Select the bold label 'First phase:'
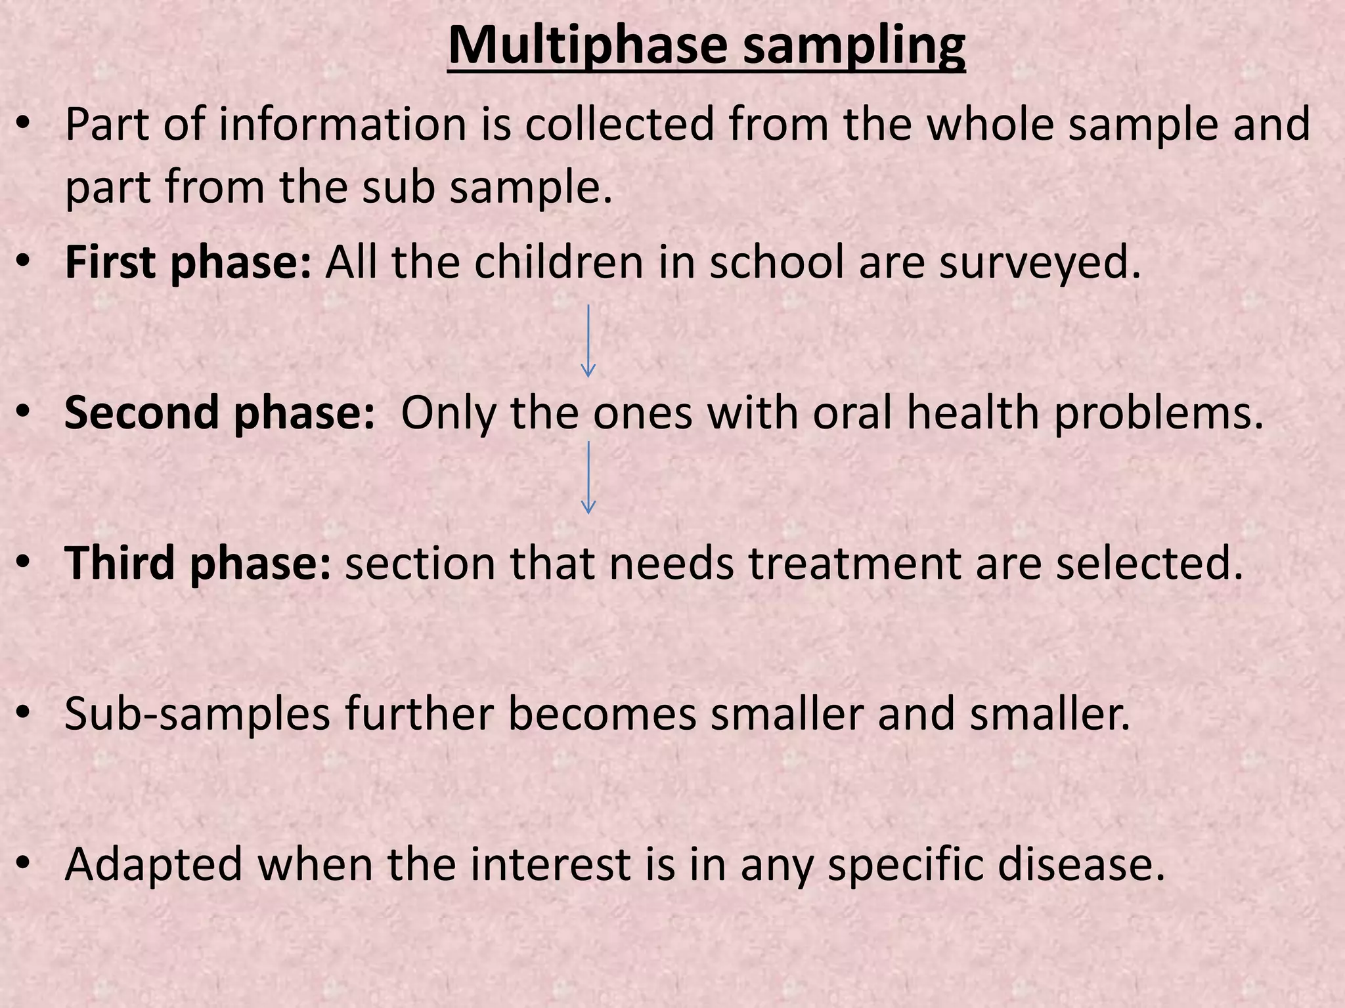pos(188,262)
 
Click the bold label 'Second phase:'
pos(219,413)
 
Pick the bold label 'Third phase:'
pos(198,563)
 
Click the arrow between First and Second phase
pos(588,340)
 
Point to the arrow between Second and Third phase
pos(588,476)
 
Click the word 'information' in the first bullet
pos(342,124)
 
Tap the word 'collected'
pos(619,124)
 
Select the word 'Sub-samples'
pos(197,713)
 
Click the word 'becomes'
pos(602,713)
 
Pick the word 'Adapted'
pos(154,864)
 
